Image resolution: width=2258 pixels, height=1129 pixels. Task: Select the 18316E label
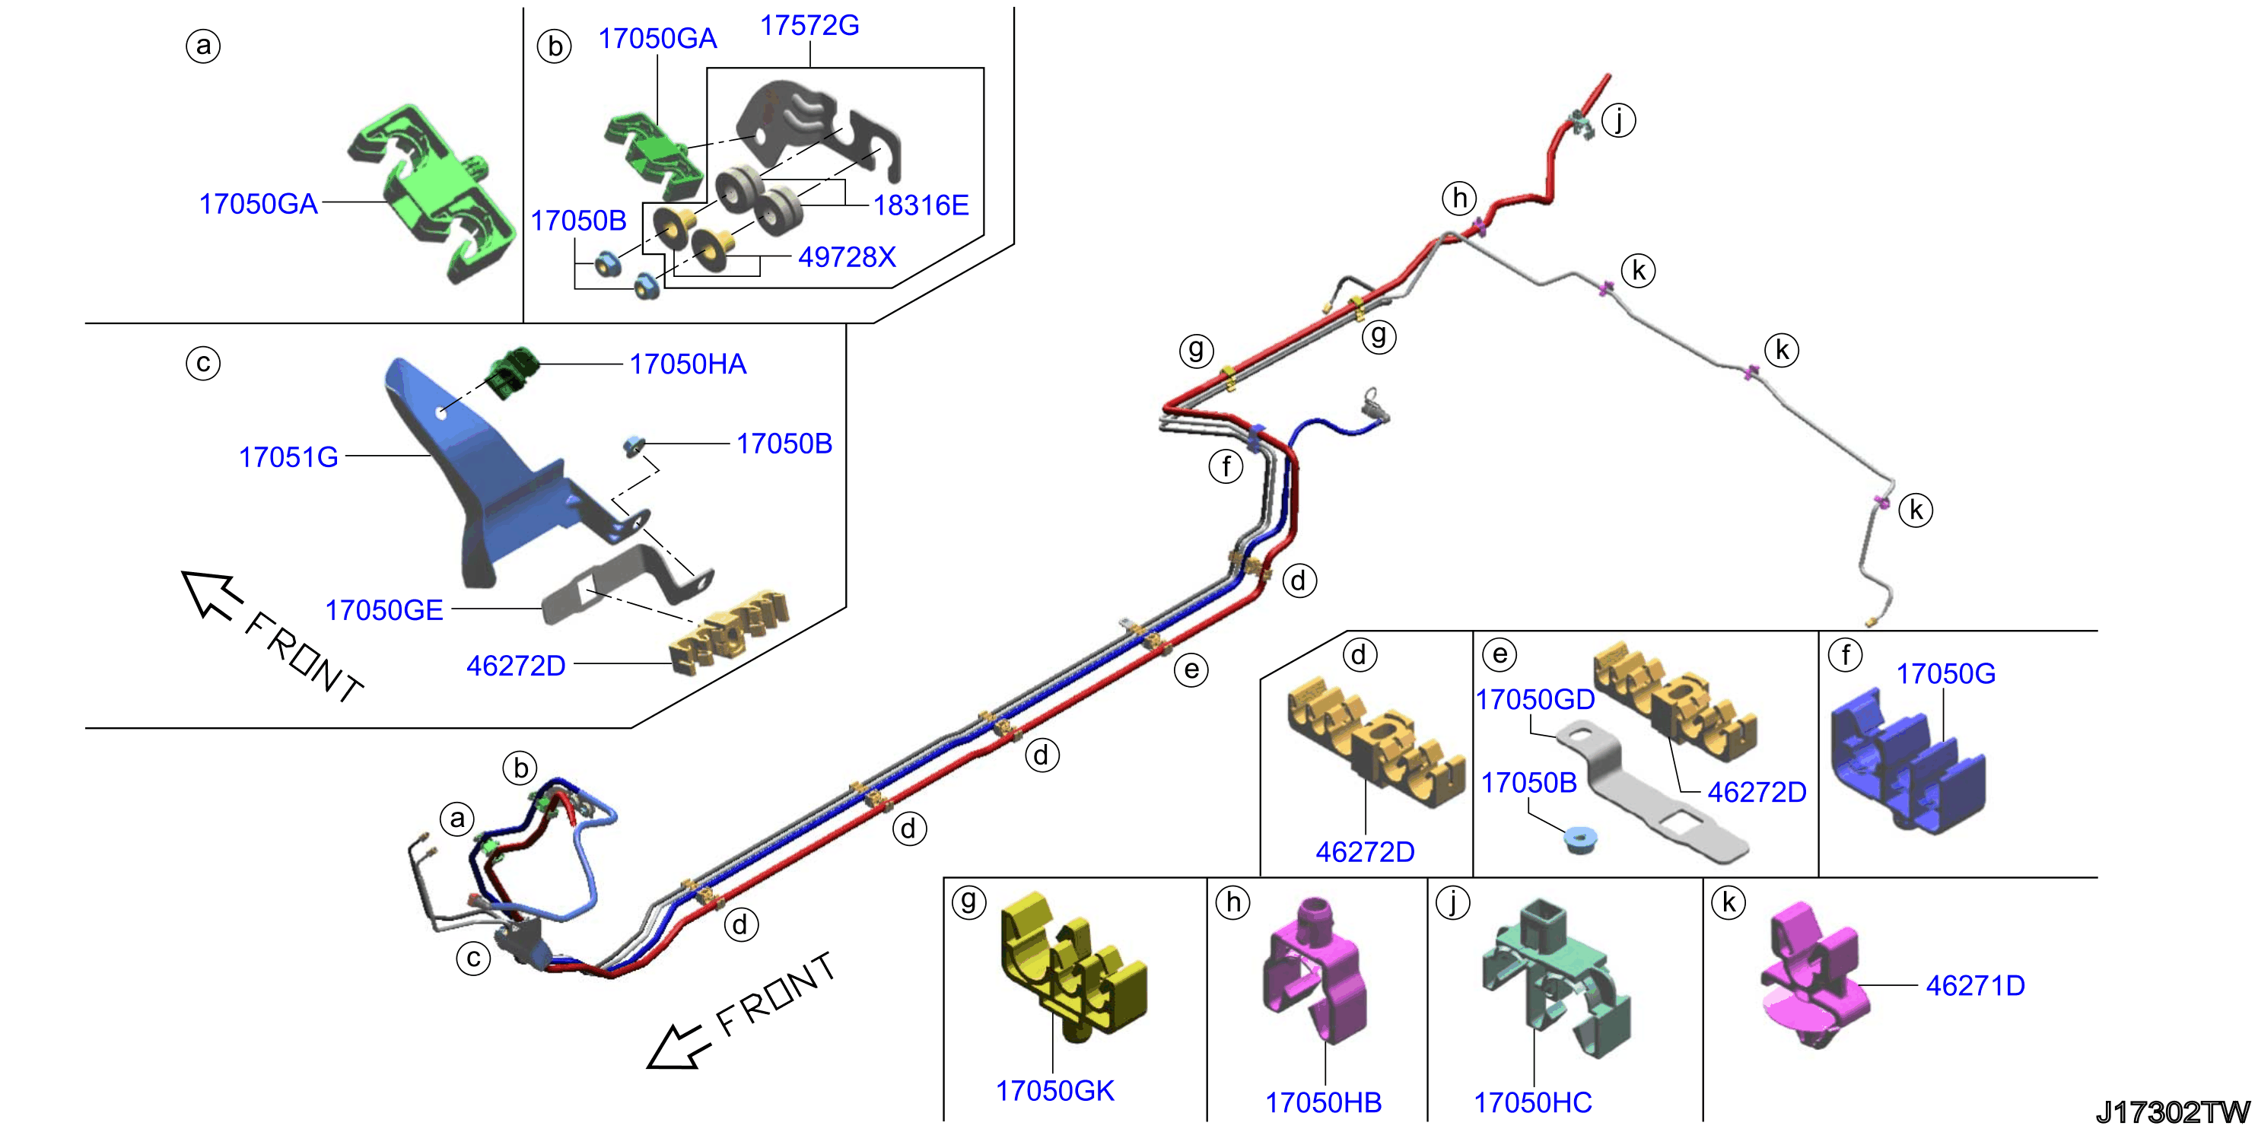(x=921, y=205)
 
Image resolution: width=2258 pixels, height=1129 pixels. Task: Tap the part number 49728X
(x=847, y=257)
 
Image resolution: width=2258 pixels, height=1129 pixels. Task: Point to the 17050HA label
(x=688, y=364)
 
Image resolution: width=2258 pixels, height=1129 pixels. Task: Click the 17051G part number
(x=288, y=456)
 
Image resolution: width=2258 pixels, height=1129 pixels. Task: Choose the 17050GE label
(x=384, y=610)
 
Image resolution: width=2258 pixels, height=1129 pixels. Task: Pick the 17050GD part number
(x=1534, y=699)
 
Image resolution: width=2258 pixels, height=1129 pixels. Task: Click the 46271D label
(x=1975, y=985)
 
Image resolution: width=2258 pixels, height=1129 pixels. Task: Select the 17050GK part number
(x=1054, y=1090)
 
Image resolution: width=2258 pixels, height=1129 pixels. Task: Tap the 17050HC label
(x=1532, y=1102)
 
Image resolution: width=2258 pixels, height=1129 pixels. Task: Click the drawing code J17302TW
(x=2172, y=1112)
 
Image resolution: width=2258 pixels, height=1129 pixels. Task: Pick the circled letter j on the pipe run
(x=1618, y=119)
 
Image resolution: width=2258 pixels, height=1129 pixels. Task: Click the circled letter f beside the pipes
(x=1226, y=466)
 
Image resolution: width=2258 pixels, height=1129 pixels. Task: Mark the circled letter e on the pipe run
(x=1191, y=669)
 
